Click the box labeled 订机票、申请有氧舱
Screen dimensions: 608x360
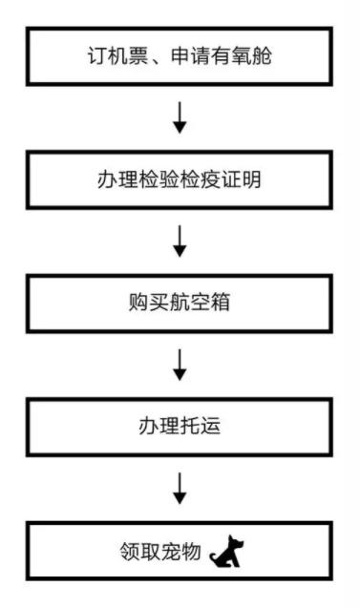(x=180, y=55)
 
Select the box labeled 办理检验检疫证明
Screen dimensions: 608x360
(x=180, y=178)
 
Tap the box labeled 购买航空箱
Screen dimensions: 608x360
(x=180, y=304)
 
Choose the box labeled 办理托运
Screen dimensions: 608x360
(x=180, y=427)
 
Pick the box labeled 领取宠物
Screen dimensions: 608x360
(x=180, y=551)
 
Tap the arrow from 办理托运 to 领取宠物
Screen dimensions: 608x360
(x=180, y=490)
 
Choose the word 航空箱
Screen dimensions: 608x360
(x=198, y=304)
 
